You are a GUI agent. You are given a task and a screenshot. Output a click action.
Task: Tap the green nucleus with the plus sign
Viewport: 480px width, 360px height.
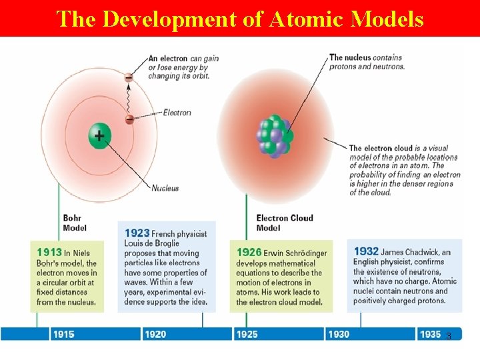click(x=99, y=136)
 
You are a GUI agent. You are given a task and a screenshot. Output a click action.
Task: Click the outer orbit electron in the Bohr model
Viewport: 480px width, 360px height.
click(x=129, y=77)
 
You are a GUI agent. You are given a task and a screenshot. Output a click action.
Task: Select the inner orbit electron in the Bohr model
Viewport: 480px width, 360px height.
click(x=129, y=119)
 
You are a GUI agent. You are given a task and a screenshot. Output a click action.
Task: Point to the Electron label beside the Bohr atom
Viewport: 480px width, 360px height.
click(x=177, y=113)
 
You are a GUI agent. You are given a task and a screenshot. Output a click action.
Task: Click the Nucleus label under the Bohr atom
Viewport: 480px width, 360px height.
click(x=165, y=188)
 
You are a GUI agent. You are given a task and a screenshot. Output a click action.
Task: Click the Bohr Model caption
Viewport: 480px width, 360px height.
click(x=75, y=223)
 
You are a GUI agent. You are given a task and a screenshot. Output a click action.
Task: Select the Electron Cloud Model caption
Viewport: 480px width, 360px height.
click(x=285, y=223)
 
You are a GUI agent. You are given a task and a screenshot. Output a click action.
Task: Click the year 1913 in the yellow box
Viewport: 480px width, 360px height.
click(x=49, y=253)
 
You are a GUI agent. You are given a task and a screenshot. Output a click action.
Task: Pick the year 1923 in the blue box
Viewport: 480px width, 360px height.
click(x=137, y=233)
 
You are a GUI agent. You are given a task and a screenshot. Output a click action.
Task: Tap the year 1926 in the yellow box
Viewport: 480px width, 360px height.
click(x=249, y=253)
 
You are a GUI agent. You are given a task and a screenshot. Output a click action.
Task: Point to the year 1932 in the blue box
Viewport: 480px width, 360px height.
click(x=366, y=251)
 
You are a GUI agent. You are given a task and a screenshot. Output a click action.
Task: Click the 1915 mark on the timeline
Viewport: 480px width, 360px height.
click(x=64, y=334)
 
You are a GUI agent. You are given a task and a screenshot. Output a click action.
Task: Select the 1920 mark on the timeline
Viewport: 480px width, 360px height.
click(x=155, y=334)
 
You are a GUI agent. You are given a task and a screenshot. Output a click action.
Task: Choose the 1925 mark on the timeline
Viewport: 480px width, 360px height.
click(x=247, y=334)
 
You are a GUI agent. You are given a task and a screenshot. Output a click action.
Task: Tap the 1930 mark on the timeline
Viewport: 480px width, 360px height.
click(x=338, y=334)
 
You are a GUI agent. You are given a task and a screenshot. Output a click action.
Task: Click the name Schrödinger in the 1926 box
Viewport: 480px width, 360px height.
click(x=307, y=253)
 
